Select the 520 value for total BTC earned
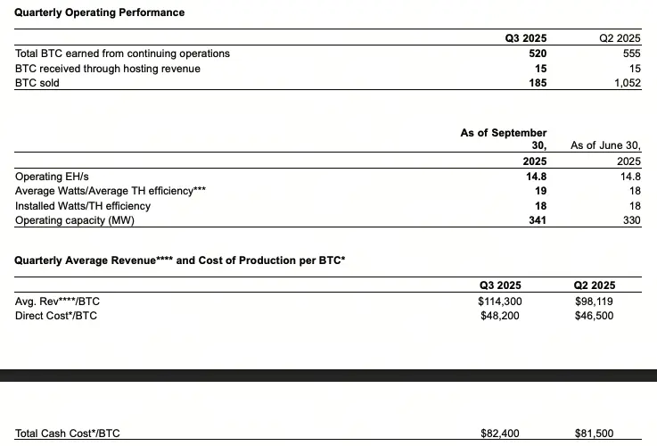coord(537,54)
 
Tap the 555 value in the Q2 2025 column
coord(630,54)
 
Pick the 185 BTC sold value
coord(537,83)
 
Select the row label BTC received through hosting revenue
coord(108,69)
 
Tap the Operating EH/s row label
coord(53,177)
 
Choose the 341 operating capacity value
coord(537,220)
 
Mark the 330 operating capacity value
coord(631,220)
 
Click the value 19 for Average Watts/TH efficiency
coord(540,191)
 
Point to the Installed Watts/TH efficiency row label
coord(83,206)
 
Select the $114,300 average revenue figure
coord(500,301)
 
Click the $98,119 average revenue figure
coord(595,301)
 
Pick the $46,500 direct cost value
coord(595,316)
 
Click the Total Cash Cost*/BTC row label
coord(68,434)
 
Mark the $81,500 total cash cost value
coord(595,434)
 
